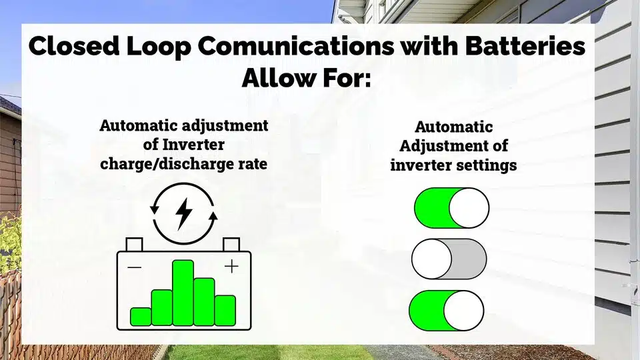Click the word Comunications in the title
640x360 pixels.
pos(296,46)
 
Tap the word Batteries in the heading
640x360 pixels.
pos(525,45)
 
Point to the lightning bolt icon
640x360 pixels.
pos(184,214)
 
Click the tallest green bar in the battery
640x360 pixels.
pos(183,293)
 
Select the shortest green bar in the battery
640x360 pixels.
pos(141,317)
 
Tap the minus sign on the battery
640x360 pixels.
pos(134,268)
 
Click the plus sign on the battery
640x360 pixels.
pos(231,267)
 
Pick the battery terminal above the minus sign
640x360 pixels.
pos(134,245)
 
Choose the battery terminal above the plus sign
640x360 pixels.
pos(231,245)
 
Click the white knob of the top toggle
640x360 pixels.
pos(469,208)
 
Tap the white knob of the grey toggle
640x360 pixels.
pos(431,259)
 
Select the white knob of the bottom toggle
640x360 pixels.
pos(464,311)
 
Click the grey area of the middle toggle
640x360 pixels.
pos(469,259)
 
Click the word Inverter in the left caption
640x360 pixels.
pos(193,145)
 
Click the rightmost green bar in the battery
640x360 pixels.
pos(225,311)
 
